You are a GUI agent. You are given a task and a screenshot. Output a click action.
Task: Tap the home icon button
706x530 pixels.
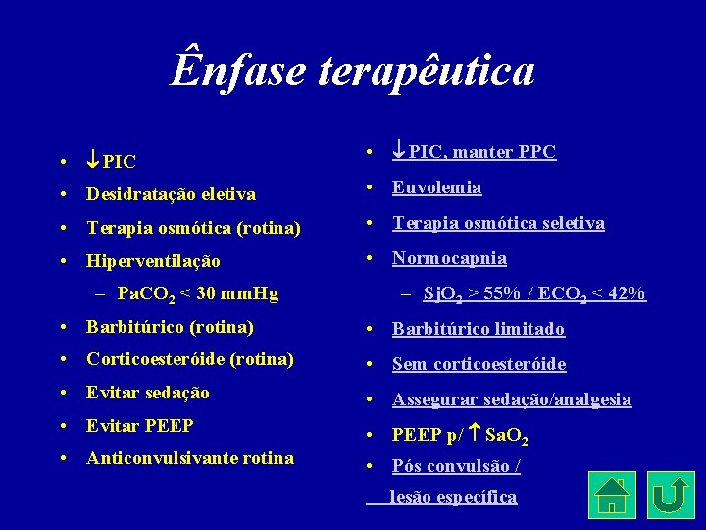pos(612,494)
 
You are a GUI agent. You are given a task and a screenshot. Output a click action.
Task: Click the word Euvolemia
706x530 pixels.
pos(436,187)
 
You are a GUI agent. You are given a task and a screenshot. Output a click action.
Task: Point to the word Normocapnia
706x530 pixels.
pos(449,258)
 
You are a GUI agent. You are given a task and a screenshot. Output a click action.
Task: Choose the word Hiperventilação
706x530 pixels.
pos(153,261)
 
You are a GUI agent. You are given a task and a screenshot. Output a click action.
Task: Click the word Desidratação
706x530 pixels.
pos(141,194)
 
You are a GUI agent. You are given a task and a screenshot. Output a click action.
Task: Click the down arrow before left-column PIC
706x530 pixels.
pos(92,159)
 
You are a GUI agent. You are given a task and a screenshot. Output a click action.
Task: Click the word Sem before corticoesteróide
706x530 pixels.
pos(409,364)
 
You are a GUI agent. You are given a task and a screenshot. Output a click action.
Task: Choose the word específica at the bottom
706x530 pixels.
pos(478,497)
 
